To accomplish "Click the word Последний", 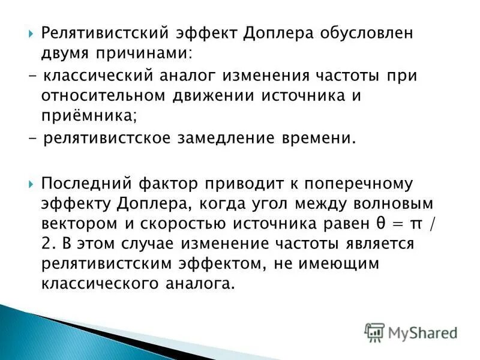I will pyautogui.click(x=86, y=183).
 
